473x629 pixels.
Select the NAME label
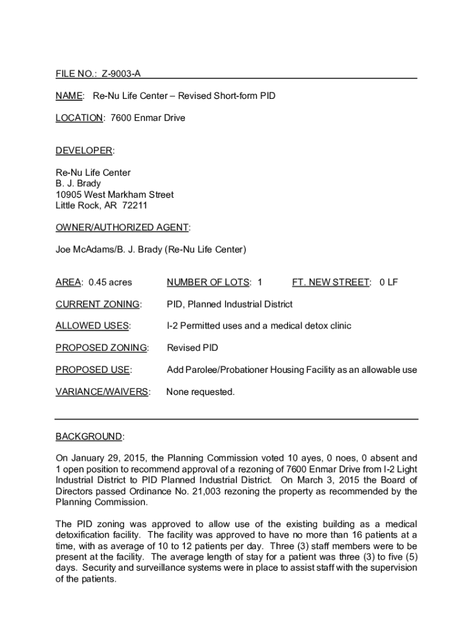[69, 96]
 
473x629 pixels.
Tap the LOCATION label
[79, 118]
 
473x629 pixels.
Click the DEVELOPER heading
[84, 151]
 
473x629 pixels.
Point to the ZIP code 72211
[135, 206]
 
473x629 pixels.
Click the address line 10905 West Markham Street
[114, 195]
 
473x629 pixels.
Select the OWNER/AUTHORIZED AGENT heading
[122, 228]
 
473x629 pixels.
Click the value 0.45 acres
[110, 283]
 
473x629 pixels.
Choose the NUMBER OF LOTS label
[208, 283]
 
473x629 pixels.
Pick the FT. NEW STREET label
[331, 283]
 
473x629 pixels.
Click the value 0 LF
[388, 283]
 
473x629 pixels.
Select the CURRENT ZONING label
[98, 305]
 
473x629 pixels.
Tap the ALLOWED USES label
[92, 326]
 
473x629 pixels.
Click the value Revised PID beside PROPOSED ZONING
[192, 348]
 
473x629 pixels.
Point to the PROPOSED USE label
[93, 370]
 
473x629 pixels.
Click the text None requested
[200, 392]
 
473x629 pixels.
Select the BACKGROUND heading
[89, 437]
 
